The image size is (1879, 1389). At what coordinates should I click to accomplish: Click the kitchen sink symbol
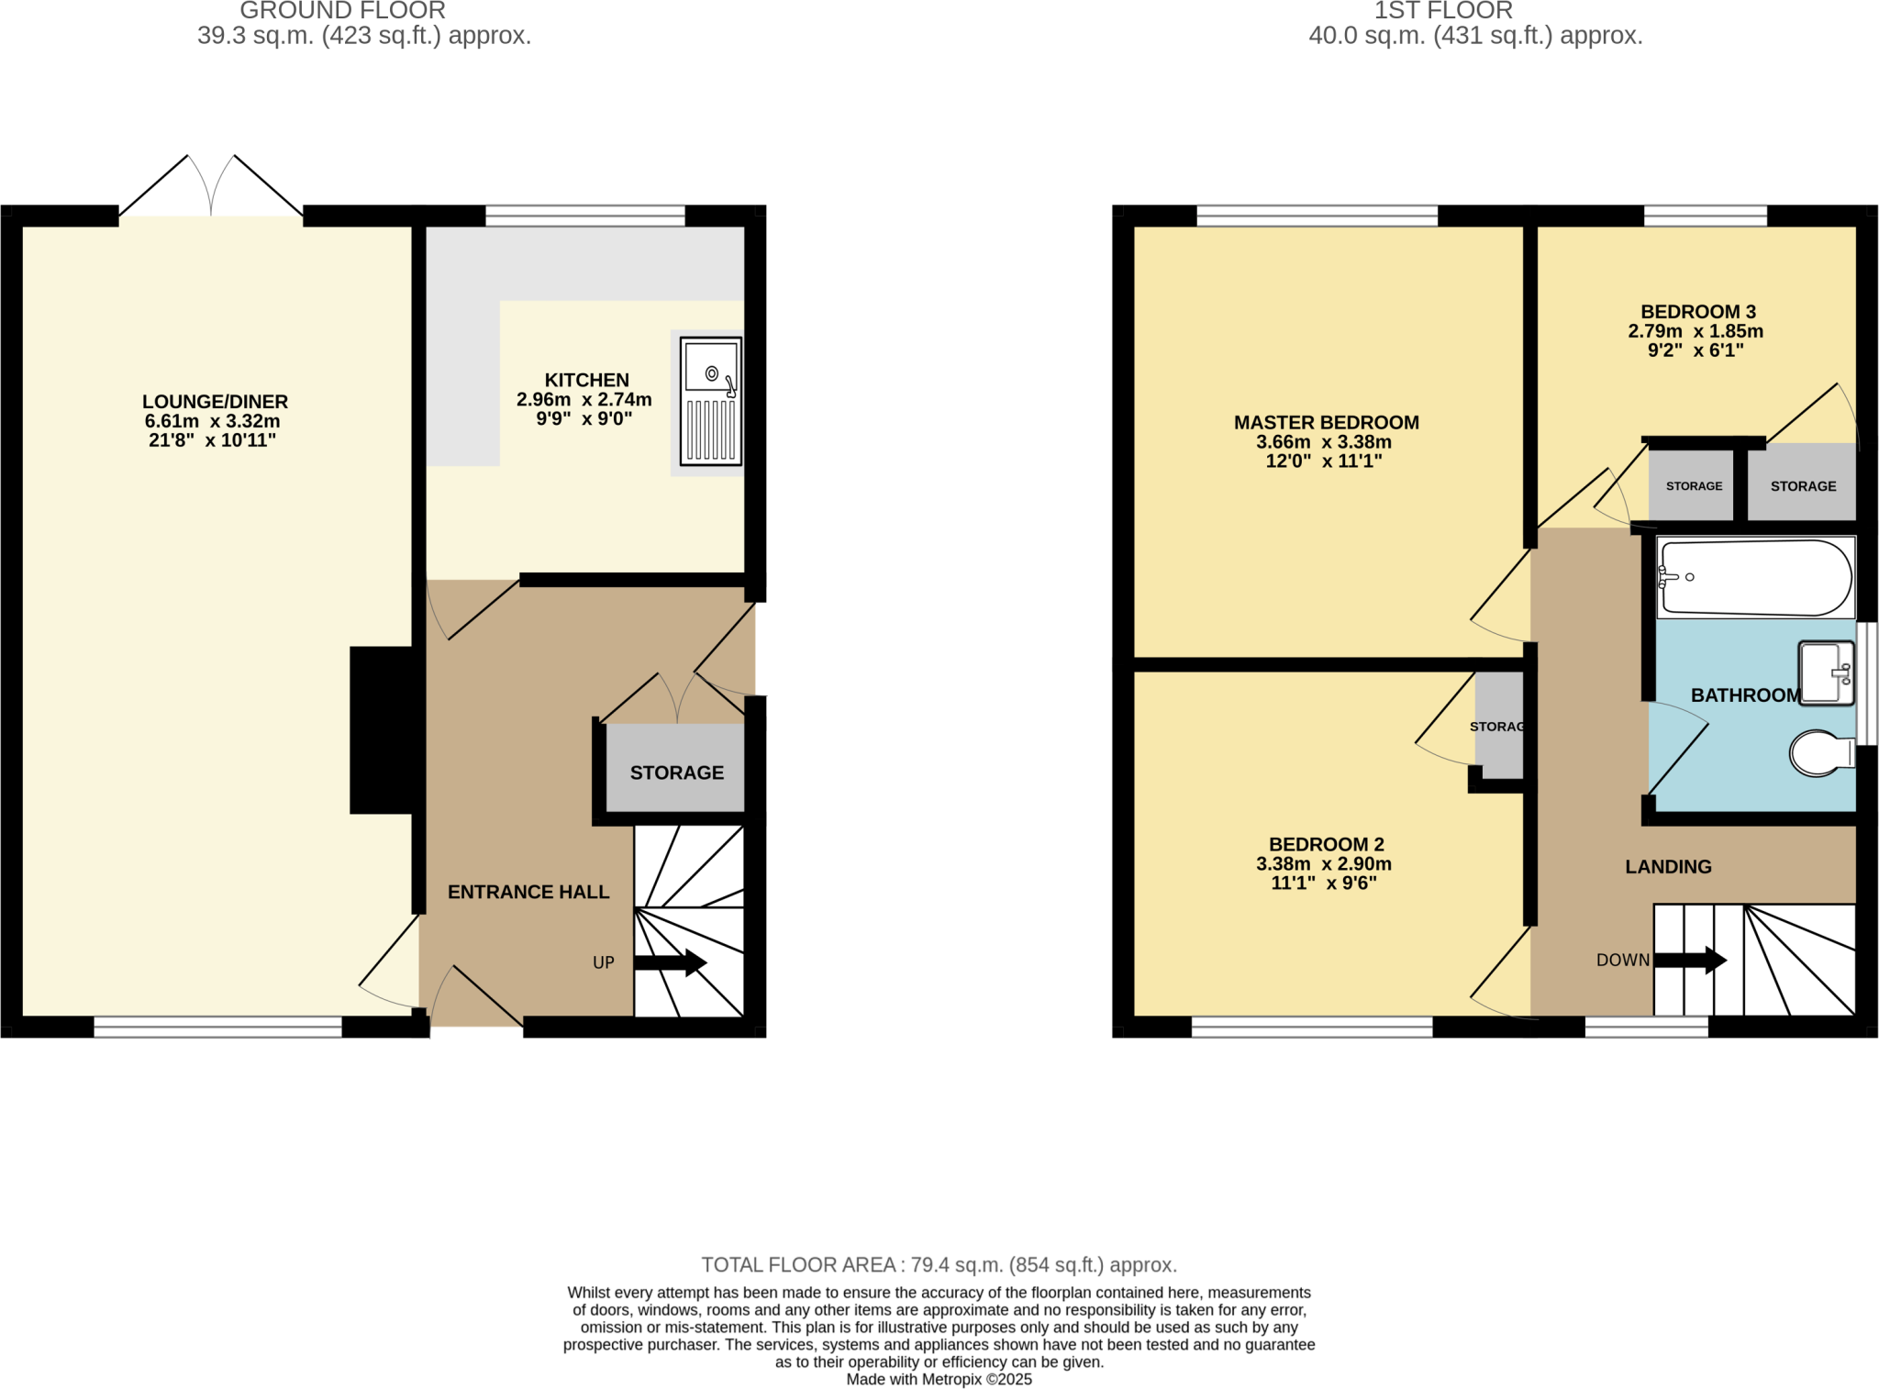tap(710, 402)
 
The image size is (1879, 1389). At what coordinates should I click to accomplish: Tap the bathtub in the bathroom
tap(1754, 577)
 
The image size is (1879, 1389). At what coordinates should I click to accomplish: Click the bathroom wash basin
tap(1826, 673)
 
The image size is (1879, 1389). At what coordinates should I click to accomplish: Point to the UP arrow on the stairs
tap(670, 962)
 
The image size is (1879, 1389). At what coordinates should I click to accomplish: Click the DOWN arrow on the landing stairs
tap(1690, 961)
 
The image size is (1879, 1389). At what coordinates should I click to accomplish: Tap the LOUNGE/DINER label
tap(215, 402)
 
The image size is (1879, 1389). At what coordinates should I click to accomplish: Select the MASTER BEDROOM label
tap(1326, 423)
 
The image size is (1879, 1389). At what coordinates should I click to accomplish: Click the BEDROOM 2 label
tap(1326, 844)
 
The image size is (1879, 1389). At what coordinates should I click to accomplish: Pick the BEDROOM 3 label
tap(1697, 312)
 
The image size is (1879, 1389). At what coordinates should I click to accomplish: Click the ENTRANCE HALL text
tap(528, 892)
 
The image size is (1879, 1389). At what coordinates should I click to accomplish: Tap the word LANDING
tap(1668, 867)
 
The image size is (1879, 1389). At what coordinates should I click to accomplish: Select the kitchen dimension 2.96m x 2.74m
tap(584, 399)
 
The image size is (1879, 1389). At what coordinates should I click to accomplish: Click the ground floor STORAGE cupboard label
tap(676, 772)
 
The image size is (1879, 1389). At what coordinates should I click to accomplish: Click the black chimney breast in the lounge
tap(381, 730)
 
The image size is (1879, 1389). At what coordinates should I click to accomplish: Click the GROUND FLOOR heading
tap(342, 11)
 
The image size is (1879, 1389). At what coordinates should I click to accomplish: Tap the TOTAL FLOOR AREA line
tap(939, 1265)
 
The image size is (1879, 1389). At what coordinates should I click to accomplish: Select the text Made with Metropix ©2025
tap(939, 1379)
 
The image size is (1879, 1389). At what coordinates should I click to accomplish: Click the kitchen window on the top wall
tap(584, 216)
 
